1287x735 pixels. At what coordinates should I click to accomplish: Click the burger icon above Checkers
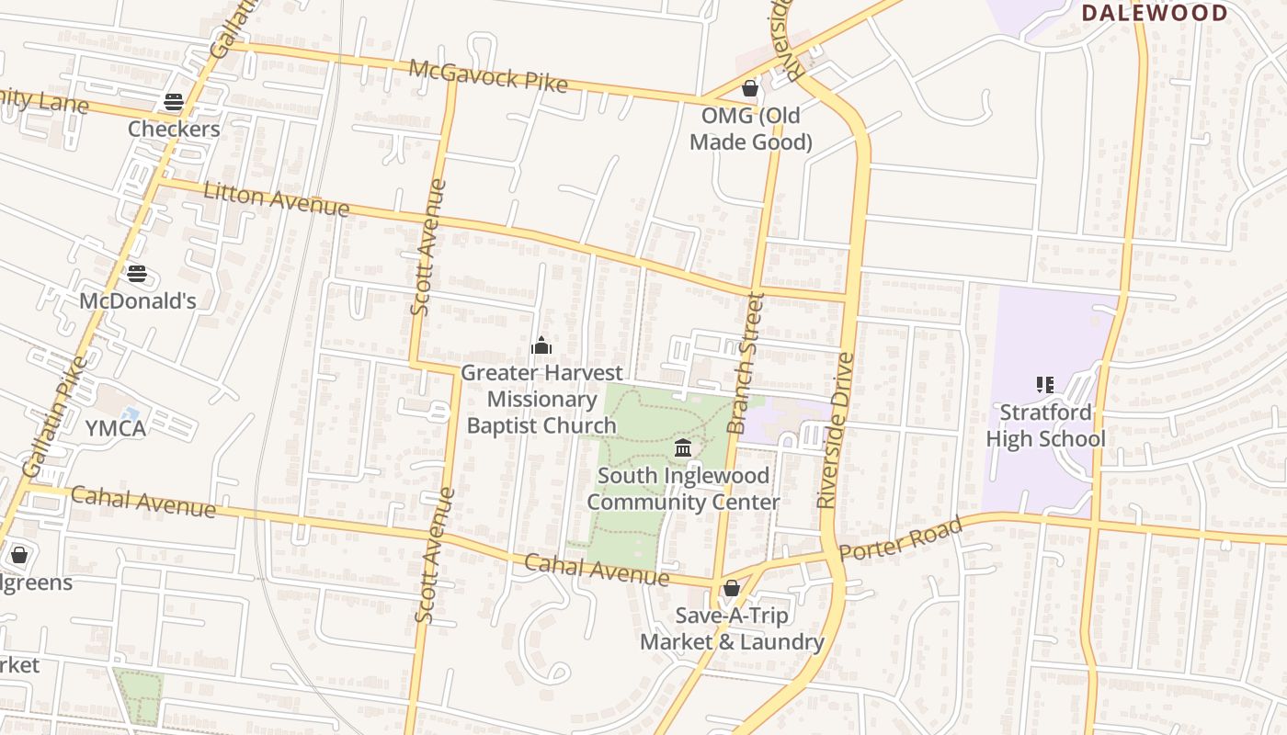(x=174, y=102)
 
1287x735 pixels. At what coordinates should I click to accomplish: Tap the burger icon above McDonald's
(x=137, y=274)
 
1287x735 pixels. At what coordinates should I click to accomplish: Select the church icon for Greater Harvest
(x=541, y=345)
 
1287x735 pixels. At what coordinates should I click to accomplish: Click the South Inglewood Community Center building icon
(x=683, y=448)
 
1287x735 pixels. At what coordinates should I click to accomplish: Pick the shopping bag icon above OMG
(x=750, y=88)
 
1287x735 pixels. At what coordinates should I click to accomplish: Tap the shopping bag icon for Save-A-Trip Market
(x=732, y=588)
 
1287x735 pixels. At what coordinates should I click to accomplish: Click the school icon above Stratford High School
(x=1044, y=384)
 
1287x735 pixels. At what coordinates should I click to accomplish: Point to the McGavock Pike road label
(x=488, y=75)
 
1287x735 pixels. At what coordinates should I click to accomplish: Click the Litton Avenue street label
(x=276, y=199)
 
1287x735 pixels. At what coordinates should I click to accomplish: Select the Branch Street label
(x=746, y=363)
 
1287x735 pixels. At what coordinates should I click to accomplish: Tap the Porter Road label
(x=901, y=539)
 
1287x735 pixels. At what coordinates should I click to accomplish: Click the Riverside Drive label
(x=836, y=430)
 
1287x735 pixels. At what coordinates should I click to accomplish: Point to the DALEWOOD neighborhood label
(x=1155, y=13)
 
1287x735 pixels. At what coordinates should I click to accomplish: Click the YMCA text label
(x=116, y=428)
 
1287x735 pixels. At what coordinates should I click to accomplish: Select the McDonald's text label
(x=137, y=301)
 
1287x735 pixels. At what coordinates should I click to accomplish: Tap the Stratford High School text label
(x=1045, y=425)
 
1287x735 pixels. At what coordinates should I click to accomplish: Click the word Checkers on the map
(x=174, y=129)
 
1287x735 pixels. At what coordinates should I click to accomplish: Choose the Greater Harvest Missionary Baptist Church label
(x=541, y=399)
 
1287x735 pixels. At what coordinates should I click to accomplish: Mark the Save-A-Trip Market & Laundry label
(x=732, y=628)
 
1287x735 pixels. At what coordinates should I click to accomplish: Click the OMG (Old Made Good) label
(x=750, y=129)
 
